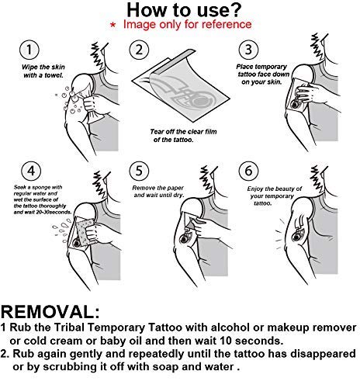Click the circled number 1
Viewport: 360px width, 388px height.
tap(29, 50)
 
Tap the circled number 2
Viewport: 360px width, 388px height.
tap(139, 50)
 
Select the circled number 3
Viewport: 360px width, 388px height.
tap(248, 50)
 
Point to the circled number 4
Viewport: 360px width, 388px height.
tap(31, 171)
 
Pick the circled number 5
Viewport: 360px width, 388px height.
tap(139, 171)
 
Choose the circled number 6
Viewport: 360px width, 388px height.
tap(248, 171)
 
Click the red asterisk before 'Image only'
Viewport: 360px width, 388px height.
tap(112, 25)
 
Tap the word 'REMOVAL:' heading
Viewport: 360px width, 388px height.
tap(50, 312)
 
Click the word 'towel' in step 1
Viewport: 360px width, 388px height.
tap(54, 75)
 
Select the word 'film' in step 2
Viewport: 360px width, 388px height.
tap(210, 132)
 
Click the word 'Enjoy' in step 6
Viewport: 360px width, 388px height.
tap(254, 189)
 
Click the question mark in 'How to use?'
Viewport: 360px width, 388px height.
tap(235, 10)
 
